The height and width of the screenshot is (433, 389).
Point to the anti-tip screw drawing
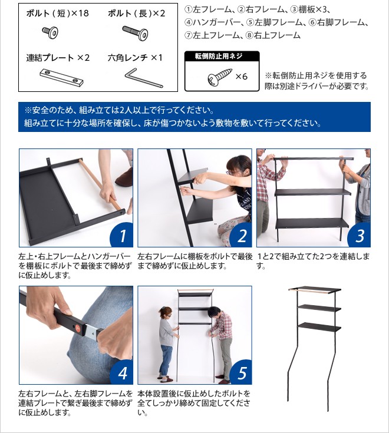219,78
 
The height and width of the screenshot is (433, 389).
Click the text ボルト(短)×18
57,13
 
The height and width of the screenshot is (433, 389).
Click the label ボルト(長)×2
136,13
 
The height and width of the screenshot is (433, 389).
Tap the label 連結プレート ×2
58,58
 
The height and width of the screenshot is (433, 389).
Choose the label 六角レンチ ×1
135,58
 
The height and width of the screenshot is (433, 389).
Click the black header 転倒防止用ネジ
222,57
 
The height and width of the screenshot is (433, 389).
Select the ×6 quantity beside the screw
241,77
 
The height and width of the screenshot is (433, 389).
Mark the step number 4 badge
122,373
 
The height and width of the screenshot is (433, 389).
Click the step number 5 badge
240,373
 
